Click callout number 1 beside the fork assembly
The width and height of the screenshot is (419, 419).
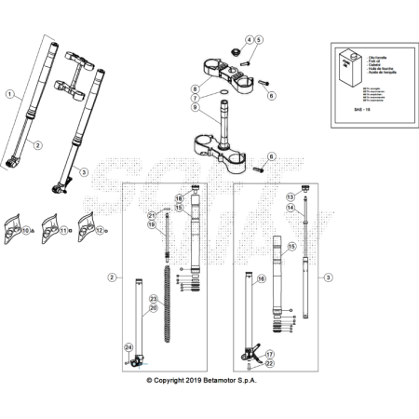(9, 94)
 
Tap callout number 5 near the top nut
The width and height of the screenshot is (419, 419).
(259, 39)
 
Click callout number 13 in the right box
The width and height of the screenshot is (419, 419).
(291, 197)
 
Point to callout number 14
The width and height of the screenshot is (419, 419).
(291, 208)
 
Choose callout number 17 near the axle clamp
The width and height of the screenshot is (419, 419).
(269, 354)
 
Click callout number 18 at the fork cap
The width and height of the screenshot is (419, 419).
(179, 198)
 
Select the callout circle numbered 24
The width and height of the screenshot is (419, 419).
(129, 347)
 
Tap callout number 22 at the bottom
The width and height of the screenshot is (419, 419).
(269, 364)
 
